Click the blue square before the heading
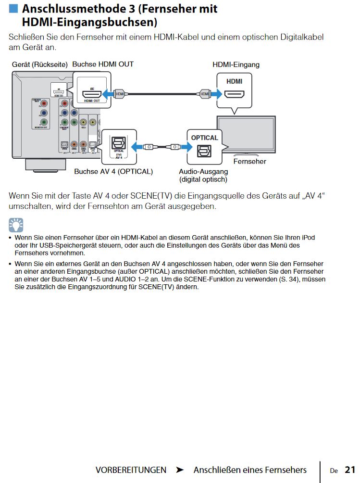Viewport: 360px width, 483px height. click(x=14, y=8)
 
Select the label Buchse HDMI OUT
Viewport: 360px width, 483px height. click(x=103, y=64)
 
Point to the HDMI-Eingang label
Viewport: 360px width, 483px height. click(x=236, y=64)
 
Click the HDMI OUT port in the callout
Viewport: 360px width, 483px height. click(x=91, y=92)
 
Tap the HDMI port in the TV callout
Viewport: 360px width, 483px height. click(x=235, y=94)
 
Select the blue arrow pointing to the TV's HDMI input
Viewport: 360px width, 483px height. click(x=212, y=93)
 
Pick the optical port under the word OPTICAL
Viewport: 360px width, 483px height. click(x=204, y=151)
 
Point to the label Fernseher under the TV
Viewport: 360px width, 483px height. click(x=249, y=162)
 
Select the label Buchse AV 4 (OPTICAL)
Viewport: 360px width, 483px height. click(x=113, y=171)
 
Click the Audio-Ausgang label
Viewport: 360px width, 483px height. click(x=203, y=171)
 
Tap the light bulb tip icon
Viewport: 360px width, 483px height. click(x=16, y=225)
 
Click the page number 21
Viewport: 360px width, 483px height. click(x=349, y=470)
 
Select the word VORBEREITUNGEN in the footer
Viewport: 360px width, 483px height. click(x=131, y=470)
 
